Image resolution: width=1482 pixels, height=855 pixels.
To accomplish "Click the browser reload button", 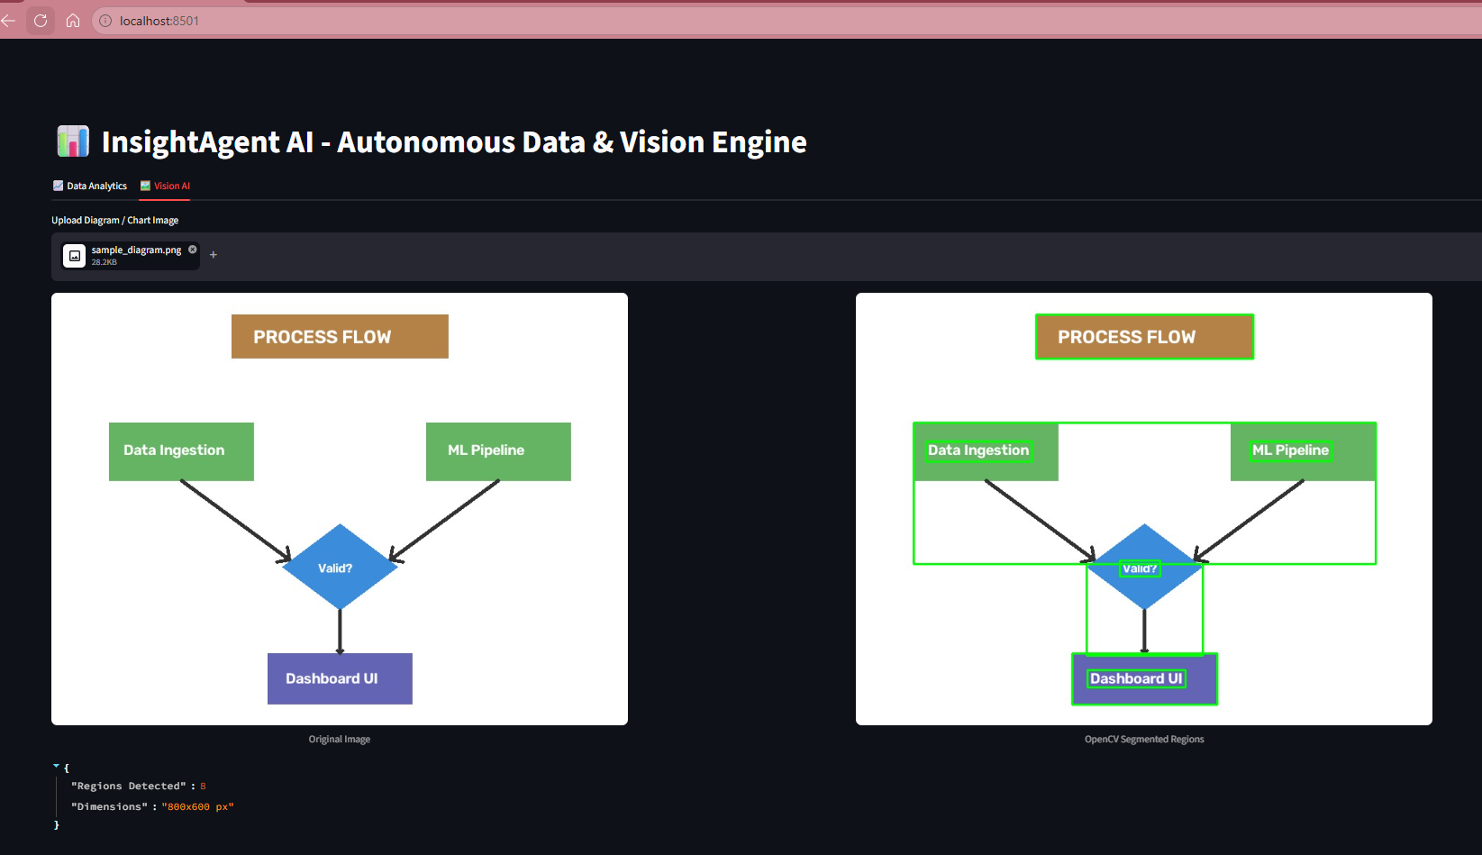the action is point(41,21).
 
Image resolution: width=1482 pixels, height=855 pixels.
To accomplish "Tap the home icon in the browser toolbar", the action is point(73,21).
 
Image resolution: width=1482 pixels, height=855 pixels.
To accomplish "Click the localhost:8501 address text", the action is point(159,22).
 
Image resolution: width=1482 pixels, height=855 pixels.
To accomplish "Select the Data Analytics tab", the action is point(90,186).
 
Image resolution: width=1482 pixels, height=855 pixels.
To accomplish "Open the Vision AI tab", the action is point(165,186).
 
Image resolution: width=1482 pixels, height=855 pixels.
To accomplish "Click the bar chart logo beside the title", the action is point(73,141).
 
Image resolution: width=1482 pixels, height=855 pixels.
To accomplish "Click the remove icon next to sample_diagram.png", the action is point(193,250).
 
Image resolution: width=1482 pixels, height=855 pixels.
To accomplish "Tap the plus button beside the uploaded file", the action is point(213,255).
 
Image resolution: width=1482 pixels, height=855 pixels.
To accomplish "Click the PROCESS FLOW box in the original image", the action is point(340,336).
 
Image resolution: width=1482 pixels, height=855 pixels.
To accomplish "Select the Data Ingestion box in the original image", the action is point(181,451).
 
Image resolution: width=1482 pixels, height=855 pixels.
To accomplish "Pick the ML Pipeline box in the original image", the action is point(498,451).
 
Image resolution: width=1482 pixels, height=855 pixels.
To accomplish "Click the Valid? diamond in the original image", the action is point(340,567).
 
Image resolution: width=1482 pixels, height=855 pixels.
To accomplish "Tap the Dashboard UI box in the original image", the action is point(340,679).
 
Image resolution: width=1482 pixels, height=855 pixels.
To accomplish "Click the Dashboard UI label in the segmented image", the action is point(1136,678).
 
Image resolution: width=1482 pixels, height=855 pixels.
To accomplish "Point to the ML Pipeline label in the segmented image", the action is point(1290,450).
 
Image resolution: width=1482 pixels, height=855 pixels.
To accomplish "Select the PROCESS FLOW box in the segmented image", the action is point(1144,336).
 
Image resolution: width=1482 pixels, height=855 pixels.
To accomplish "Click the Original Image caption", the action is point(340,739).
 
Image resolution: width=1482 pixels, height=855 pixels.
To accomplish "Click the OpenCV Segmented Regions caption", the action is point(1144,739).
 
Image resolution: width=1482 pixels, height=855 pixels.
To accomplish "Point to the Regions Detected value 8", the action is point(203,787).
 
